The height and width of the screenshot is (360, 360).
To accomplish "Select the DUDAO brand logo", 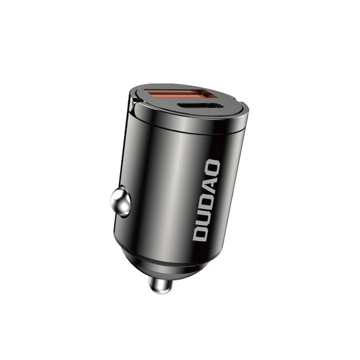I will (x=206, y=199).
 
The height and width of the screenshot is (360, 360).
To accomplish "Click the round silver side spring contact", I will (x=121, y=202).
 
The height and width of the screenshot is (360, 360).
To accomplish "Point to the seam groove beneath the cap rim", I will (x=182, y=134).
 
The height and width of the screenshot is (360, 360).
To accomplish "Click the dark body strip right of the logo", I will (x=226, y=196).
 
